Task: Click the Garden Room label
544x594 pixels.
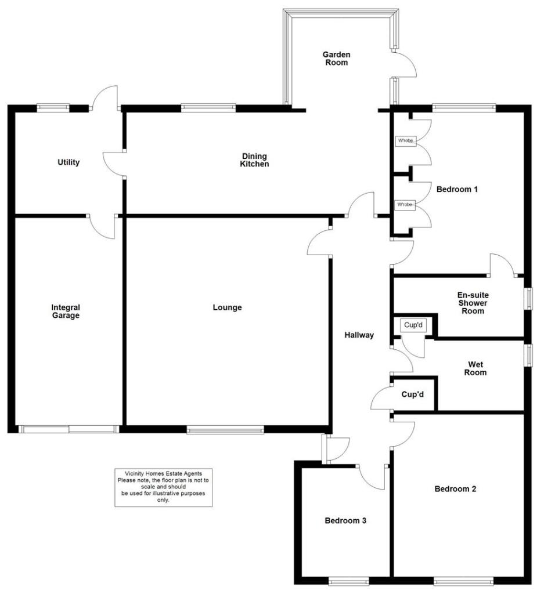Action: [x=337, y=59]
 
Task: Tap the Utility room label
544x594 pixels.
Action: [x=69, y=162]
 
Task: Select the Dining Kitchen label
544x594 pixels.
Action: [x=255, y=160]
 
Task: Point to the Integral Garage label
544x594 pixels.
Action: [x=65, y=312]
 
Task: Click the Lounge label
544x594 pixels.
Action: [x=227, y=307]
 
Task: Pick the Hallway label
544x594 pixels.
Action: [x=359, y=335]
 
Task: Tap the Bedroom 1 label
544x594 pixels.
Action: [x=457, y=189]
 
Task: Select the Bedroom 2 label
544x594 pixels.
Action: [x=455, y=489]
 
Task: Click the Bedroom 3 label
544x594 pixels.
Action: [x=345, y=520]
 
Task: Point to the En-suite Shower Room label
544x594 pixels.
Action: [x=472, y=303]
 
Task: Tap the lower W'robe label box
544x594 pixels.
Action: [x=405, y=205]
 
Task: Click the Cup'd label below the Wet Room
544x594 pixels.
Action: [x=413, y=394]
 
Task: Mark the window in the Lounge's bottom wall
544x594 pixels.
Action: [x=225, y=430]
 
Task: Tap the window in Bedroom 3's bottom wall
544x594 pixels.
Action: [x=348, y=580]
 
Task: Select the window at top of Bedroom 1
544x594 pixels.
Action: [x=463, y=107]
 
